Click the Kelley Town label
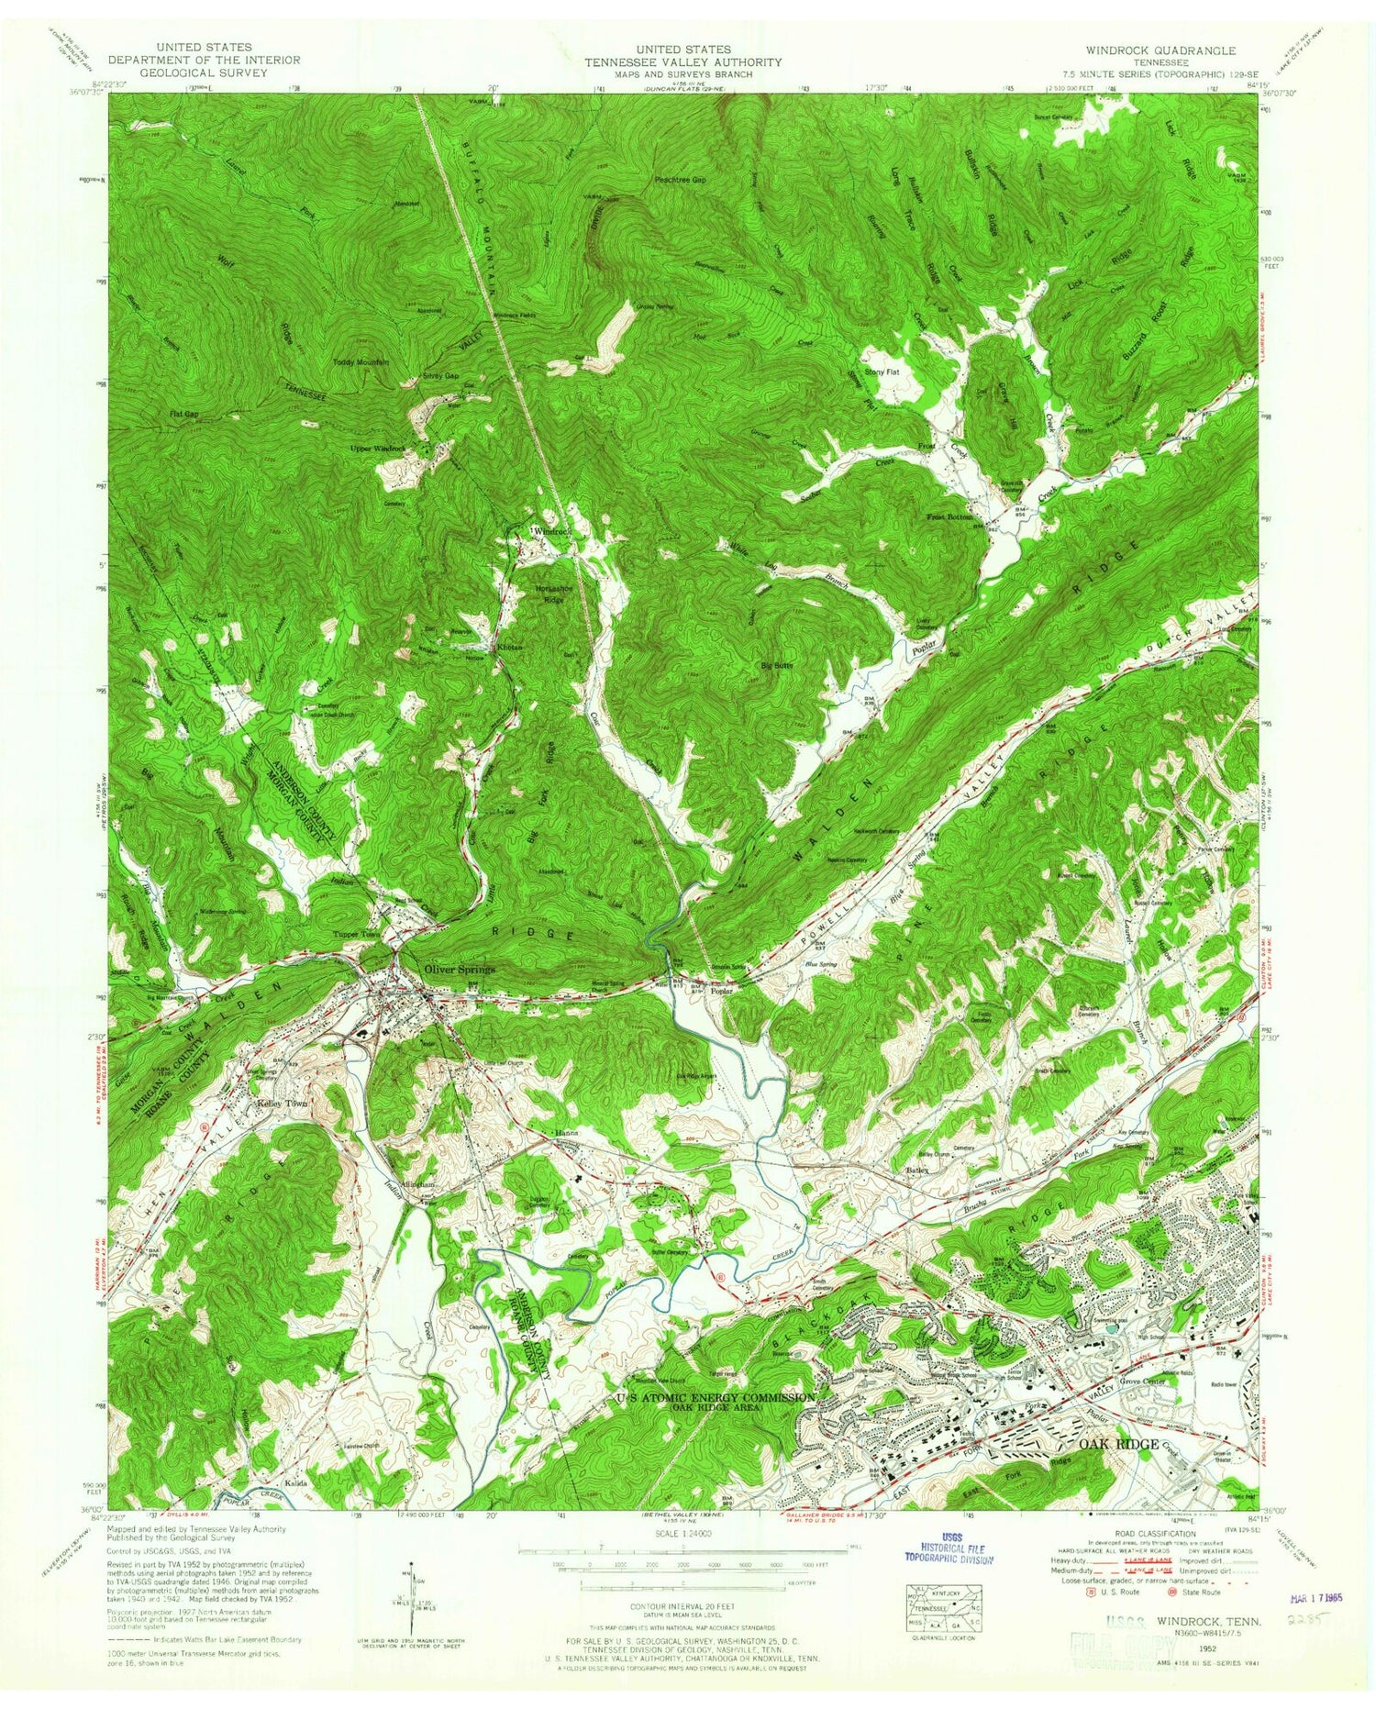click(x=281, y=1104)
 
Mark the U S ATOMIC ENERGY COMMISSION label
click(x=715, y=1397)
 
